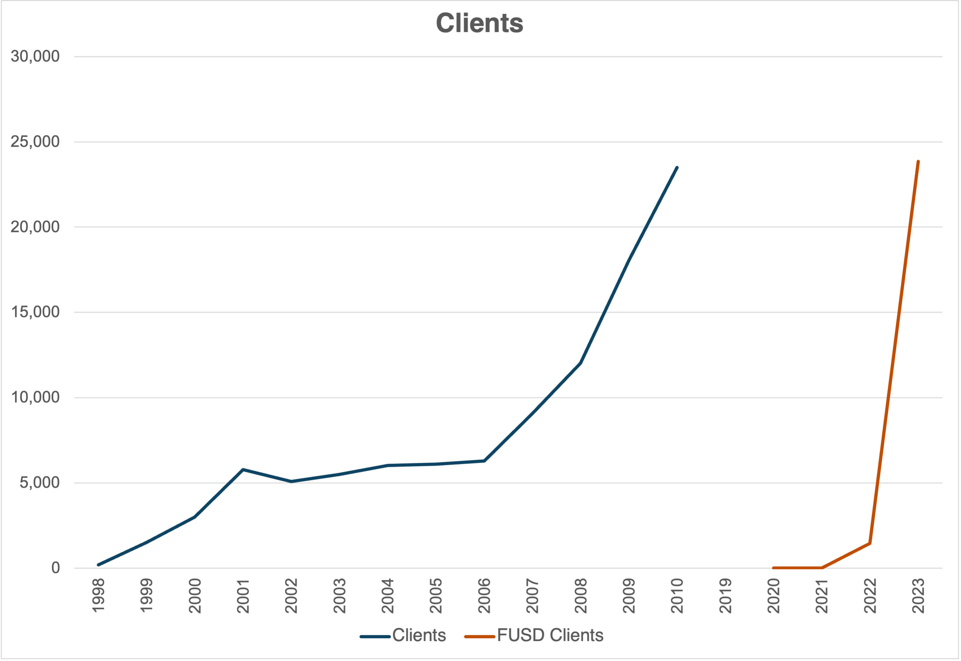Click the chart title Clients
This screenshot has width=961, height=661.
[x=480, y=23]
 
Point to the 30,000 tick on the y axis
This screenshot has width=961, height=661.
[x=35, y=56]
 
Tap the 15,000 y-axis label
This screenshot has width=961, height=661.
[x=35, y=312]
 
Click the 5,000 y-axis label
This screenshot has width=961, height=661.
[x=39, y=482]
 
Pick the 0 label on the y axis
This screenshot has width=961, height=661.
[x=55, y=568]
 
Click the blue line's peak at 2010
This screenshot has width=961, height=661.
[x=677, y=167]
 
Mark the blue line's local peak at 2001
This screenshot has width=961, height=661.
[x=243, y=469]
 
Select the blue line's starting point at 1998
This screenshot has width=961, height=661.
[x=98, y=565]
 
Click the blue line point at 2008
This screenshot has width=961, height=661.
[x=580, y=363]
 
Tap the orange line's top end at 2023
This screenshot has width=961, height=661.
[x=918, y=162]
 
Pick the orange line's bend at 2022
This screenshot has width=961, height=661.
[x=870, y=543]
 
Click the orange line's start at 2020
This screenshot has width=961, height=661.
[x=773, y=568]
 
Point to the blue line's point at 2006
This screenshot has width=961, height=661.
[x=484, y=461]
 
